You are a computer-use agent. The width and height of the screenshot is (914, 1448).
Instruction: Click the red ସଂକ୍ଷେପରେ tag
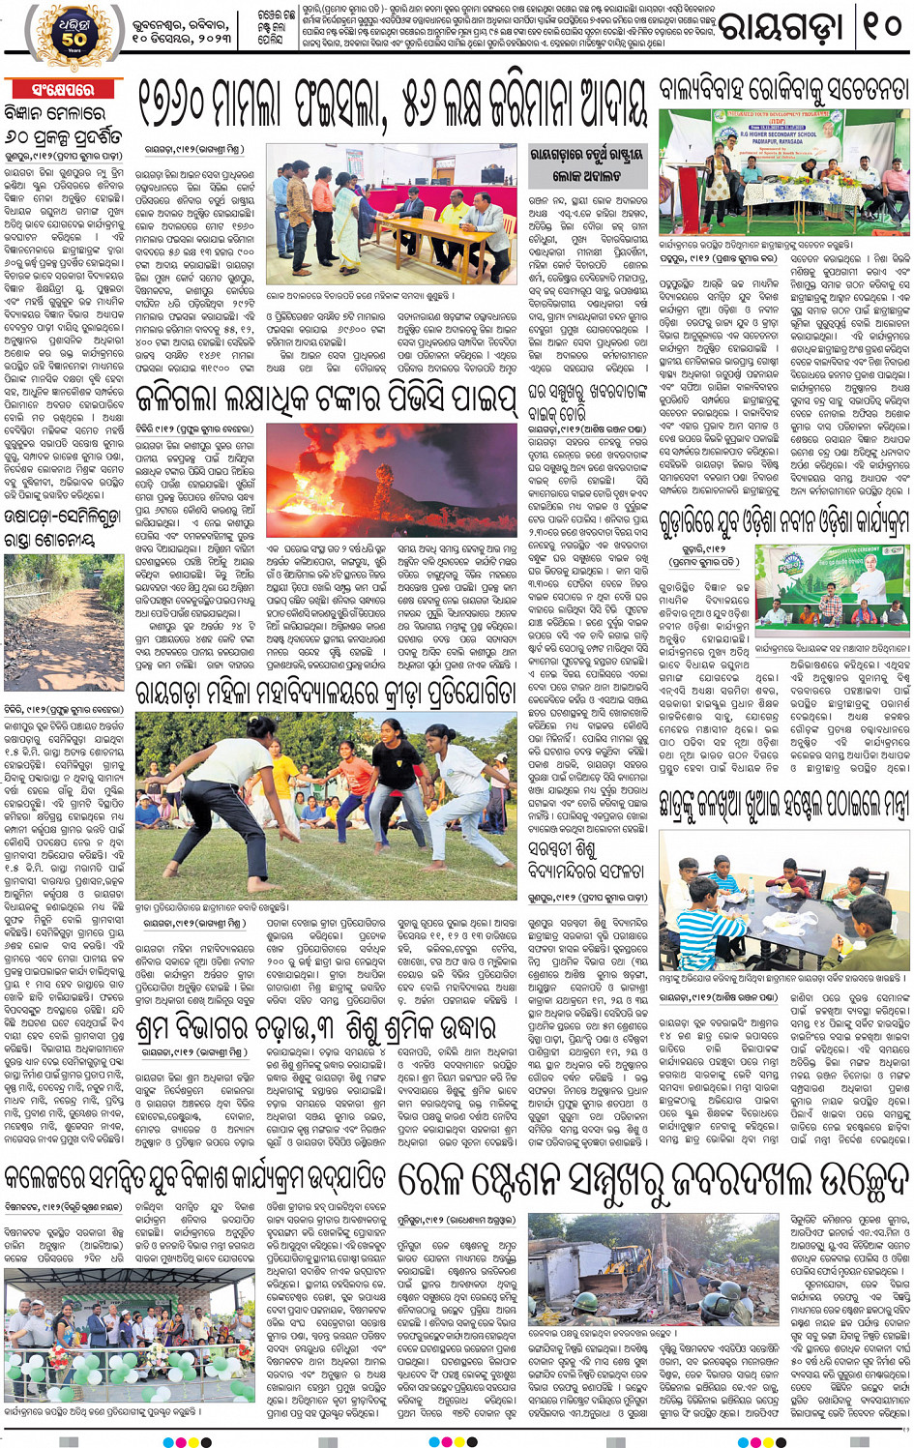coord(59,90)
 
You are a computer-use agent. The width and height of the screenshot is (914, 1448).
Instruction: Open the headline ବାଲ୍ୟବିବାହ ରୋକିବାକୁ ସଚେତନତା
coord(783,91)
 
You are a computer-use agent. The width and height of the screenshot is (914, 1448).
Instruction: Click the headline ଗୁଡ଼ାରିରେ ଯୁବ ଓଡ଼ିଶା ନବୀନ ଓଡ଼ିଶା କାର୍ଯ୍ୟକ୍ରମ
coord(783,524)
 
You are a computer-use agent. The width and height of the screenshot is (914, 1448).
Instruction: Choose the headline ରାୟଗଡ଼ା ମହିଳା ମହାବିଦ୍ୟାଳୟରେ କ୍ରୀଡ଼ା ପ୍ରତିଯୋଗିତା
coord(327,693)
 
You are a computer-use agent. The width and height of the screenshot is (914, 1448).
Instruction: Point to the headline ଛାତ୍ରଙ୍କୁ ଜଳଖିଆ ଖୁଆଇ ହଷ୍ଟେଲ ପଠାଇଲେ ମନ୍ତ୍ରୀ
coord(783,803)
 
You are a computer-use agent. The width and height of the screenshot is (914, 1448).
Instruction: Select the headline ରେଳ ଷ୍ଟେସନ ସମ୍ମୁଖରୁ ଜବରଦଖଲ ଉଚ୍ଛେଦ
coord(653,1181)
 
